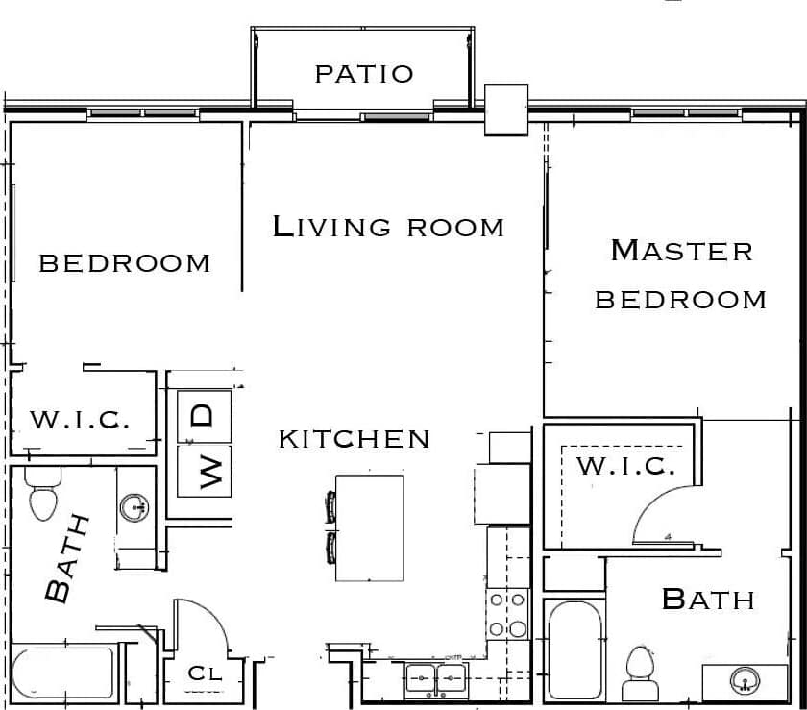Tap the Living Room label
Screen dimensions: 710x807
click(x=388, y=227)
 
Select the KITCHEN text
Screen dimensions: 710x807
click(x=355, y=439)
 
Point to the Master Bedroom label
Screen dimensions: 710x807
click(x=681, y=275)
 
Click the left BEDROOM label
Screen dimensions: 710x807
click(x=124, y=262)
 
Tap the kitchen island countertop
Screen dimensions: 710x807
click(x=370, y=527)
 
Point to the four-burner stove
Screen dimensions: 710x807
click(x=506, y=614)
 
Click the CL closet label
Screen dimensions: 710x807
click(x=204, y=673)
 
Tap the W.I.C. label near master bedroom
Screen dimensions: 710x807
click(x=625, y=467)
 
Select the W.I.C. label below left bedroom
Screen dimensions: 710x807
click(x=80, y=420)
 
